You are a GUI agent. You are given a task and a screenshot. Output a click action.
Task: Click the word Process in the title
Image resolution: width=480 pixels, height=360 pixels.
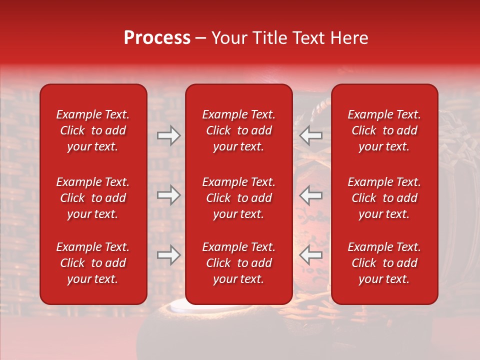click(157, 38)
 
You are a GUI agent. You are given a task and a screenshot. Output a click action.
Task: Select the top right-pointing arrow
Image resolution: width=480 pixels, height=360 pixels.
click(168, 135)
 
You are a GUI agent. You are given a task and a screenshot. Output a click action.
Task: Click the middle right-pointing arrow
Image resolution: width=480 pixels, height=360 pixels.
click(168, 195)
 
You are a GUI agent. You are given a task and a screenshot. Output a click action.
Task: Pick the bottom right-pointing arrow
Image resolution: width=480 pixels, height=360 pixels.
click(168, 255)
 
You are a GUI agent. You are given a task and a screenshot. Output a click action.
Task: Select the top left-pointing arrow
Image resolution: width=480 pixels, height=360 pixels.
click(310, 135)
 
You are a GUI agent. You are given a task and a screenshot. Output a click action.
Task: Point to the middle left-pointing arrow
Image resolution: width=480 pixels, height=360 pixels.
click(310, 195)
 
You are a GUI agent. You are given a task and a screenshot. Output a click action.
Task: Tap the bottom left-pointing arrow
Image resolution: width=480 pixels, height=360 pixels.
click(310, 255)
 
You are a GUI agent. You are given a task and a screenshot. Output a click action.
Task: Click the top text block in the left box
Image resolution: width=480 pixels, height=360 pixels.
click(93, 130)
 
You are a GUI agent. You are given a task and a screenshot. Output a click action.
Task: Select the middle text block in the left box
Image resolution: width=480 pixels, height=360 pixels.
click(93, 198)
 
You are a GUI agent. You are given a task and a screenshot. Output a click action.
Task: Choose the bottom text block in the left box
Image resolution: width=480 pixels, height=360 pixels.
click(93, 263)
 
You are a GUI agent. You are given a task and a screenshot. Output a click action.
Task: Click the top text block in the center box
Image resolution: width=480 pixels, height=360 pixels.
click(238, 130)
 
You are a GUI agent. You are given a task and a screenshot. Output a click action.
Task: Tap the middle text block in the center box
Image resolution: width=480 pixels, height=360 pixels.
click(238, 198)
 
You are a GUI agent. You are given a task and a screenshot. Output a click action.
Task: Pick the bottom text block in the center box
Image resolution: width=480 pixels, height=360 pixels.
click(238, 263)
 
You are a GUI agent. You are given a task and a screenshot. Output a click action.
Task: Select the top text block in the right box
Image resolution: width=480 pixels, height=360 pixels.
click(384, 130)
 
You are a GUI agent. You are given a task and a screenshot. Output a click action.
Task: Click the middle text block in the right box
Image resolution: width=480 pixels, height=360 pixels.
click(384, 198)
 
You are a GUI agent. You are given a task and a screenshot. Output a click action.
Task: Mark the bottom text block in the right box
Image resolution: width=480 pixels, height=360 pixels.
click(384, 263)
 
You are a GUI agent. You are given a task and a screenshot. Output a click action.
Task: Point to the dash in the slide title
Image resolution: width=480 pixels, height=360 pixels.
click(201, 38)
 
